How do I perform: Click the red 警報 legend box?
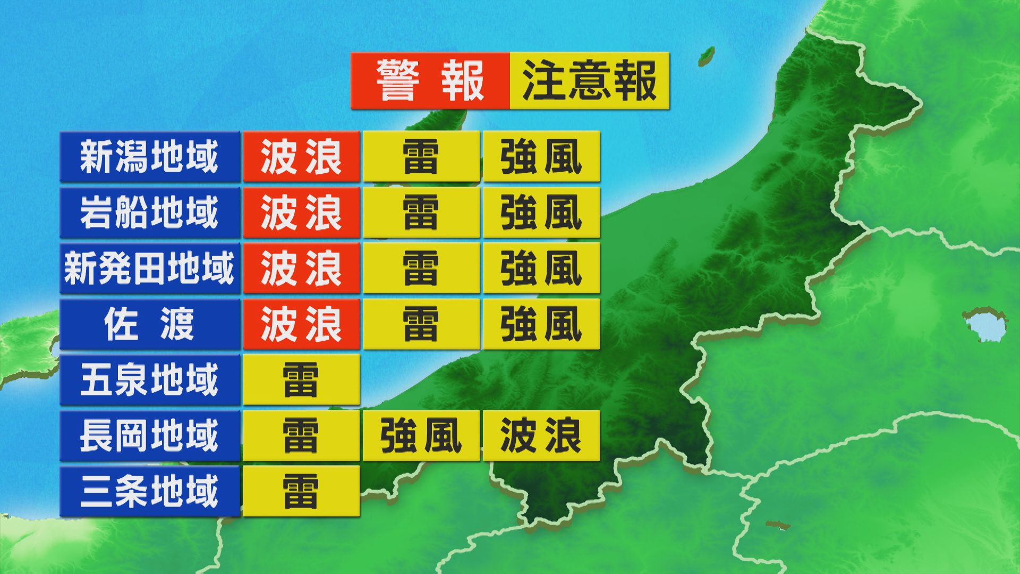(430, 81)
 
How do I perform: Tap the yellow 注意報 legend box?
(589, 81)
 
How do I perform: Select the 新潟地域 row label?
(149, 157)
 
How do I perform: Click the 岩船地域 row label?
(149, 213)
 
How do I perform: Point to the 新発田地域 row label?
(149, 268)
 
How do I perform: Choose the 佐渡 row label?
(149, 324)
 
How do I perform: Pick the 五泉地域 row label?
(149, 380)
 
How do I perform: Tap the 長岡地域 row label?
(149, 436)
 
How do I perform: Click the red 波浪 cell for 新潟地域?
(301, 157)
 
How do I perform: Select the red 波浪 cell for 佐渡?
(301, 324)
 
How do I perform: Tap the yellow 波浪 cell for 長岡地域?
(541, 436)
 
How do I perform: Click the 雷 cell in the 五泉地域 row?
(301, 380)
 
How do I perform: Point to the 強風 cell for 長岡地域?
(421, 436)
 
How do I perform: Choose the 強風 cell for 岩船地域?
(541, 213)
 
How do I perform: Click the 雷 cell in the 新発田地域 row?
(421, 268)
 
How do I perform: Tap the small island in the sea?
(706, 55)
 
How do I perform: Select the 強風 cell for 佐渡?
(541, 324)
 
